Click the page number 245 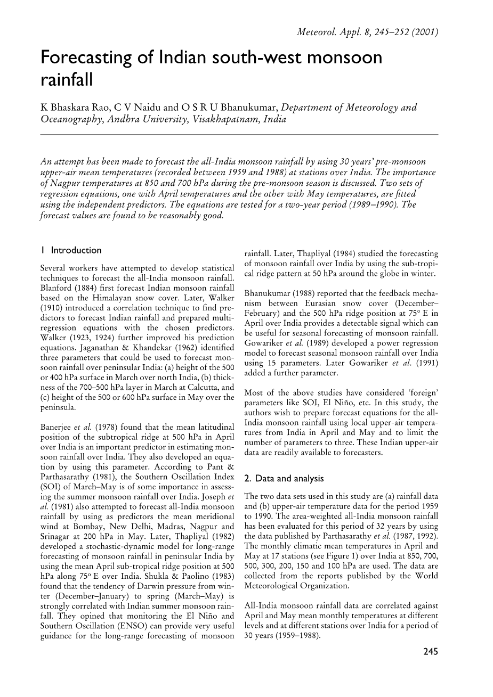tap(430, 651)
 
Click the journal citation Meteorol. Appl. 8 tap(332, 31)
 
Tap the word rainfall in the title tap(67, 81)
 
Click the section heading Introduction tap(76, 250)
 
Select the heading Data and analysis tap(288, 478)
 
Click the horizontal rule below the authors tap(239, 135)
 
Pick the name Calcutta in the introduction tap(203, 387)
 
